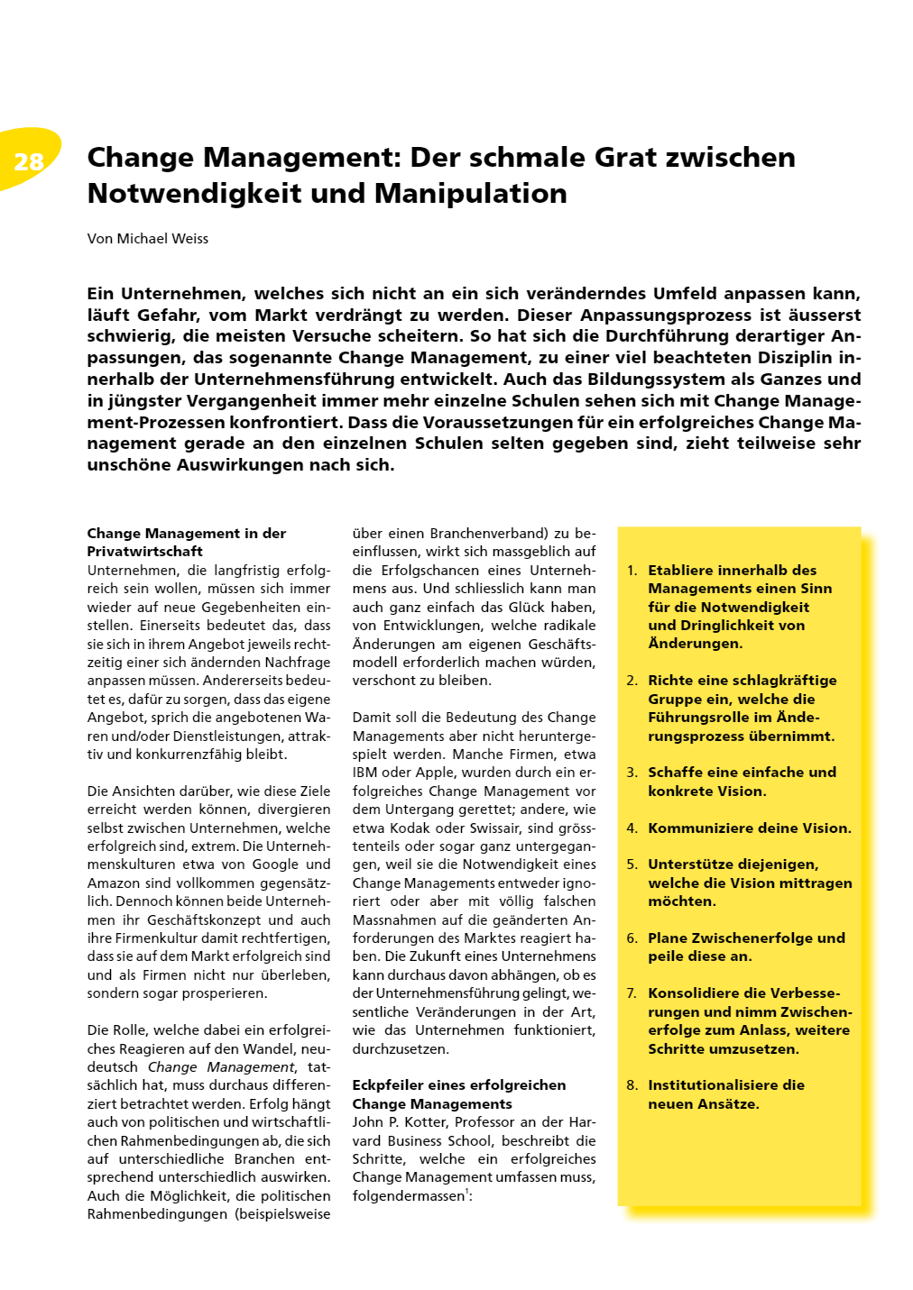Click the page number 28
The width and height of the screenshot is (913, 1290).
29,161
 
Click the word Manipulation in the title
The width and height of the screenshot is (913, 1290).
471,194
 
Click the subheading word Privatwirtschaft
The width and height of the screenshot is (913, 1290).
144,552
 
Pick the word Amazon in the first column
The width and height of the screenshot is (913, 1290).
113,883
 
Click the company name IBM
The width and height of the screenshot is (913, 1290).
365,773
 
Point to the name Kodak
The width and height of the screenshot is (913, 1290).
407,828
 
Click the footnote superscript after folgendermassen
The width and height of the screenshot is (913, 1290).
467,1193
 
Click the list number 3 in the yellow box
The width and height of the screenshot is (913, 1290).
632,773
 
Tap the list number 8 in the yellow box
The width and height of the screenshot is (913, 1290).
632,1085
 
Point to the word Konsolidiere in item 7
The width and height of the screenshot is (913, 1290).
698,993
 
